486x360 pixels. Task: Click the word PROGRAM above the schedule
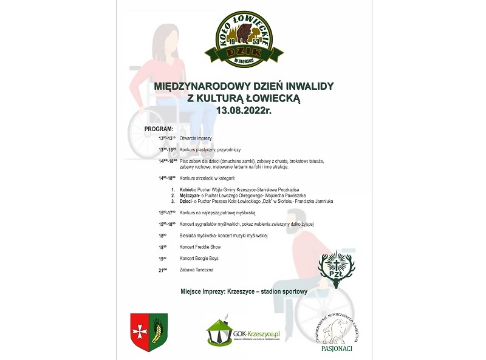(159, 129)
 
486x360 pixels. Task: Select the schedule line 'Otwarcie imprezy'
(196, 138)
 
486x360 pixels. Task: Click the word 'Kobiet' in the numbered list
(188, 190)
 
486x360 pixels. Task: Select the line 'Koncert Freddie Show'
(200, 247)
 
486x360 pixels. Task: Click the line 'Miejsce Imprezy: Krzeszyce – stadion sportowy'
(244, 291)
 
